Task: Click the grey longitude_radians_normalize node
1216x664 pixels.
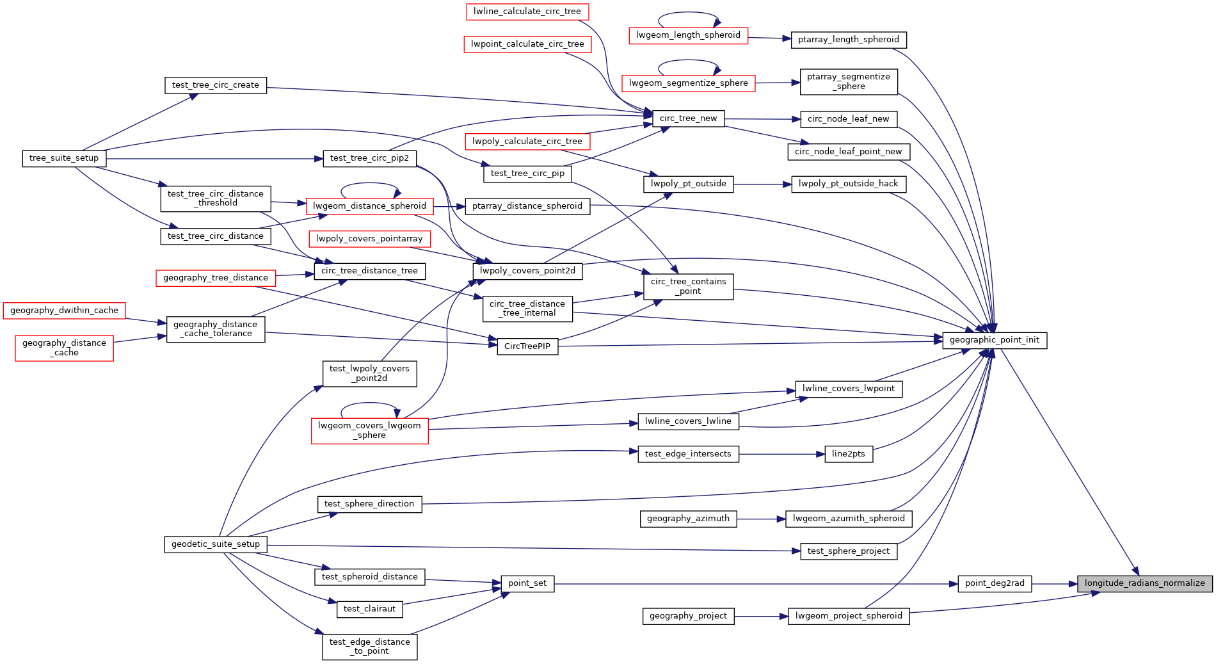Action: (1144, 583)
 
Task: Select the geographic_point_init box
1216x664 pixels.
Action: (994, 340)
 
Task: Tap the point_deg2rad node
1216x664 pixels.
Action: (994, 583)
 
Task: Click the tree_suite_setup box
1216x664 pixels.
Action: (64, 158)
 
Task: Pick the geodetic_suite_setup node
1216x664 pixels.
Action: (215, 544)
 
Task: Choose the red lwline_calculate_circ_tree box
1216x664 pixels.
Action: (527, 12)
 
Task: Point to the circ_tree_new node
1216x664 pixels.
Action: (688, 118)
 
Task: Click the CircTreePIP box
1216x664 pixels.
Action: (527, 346)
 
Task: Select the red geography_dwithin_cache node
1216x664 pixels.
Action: (64, 311)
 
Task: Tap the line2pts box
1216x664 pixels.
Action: (848, 454)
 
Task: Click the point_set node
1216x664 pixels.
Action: (527, 583)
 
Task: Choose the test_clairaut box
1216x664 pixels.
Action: (369, 609)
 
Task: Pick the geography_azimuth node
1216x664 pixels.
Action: (688, 519)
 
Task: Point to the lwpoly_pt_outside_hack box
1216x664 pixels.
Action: (848, 184)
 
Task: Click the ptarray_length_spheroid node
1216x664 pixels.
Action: (848, 40)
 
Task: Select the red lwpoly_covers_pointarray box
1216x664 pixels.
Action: (369, 239)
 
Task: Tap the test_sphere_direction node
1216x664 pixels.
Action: (369, 504)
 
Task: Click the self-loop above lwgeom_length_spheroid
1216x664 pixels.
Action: (688, 13)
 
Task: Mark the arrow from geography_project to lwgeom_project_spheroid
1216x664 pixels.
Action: (761, 616)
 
